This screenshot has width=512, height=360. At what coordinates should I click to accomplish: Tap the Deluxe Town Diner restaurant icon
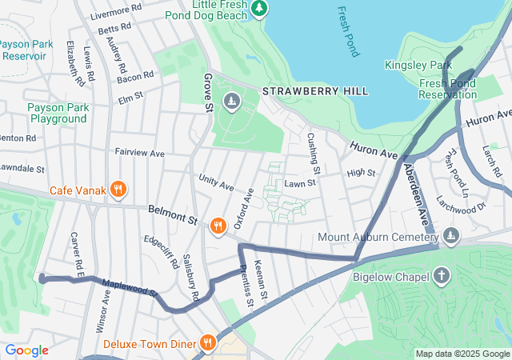point(207,343)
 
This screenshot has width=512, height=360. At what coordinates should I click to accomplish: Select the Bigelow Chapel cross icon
point(442,277)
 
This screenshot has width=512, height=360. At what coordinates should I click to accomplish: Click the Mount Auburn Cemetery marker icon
point(451,235)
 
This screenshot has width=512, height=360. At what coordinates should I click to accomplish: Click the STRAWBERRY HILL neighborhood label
point(315,91)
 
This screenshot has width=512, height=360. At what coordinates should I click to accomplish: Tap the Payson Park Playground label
point(57,113)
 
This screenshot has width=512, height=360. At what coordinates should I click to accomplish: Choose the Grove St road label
point(207,92)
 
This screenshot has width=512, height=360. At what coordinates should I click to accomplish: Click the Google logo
point(26,350)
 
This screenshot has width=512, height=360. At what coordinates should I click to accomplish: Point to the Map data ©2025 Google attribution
point(462,354)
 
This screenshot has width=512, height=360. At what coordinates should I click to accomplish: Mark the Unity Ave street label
point(216,183)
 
